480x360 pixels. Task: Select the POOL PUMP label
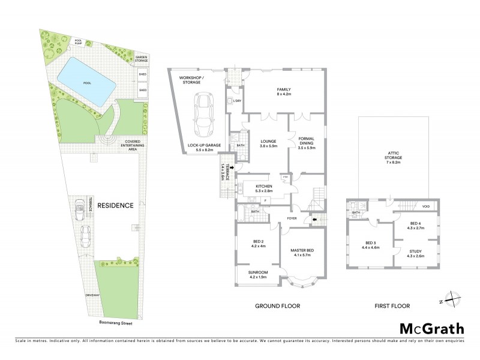(x=79, y=42)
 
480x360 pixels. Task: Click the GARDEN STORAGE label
(x=142, y=59)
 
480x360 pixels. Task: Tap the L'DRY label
(x=237, y=101)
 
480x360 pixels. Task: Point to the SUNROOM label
(x=258, y=274)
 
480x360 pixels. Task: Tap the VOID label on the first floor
(x=426, y=206)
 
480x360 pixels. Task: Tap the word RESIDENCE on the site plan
(x=115, y=206)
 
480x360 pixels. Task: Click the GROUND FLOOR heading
(x=278, y=306)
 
